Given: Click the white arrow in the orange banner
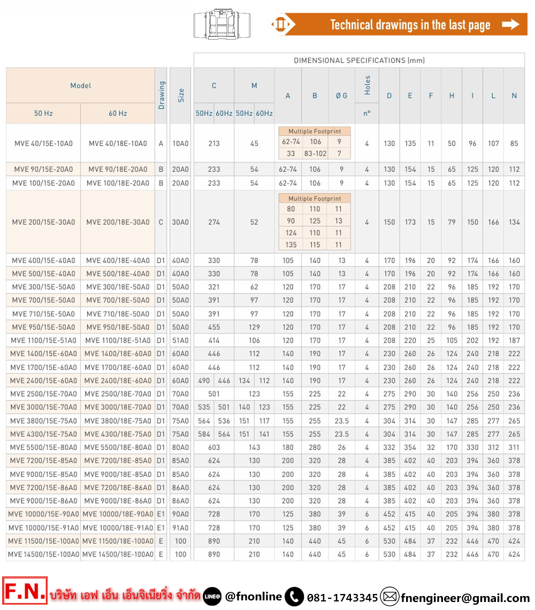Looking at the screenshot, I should [x=511, y=25].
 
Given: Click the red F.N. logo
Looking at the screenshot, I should [x=25, y=591].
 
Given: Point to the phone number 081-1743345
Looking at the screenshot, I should [x=342, y=597].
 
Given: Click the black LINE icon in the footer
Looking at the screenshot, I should [x=212, y=597].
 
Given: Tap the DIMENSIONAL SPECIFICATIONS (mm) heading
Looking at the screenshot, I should [x=359, y=60].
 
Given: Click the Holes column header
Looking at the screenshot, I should [x=367, y=86].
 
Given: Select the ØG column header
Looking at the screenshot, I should [x=341, y=96].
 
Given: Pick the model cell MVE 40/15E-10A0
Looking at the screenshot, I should [x=43, y=143].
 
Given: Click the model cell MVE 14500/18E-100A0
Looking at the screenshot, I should [x=118, y=554].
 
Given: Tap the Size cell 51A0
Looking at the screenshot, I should [x=181, y=341].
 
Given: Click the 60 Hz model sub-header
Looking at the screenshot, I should [x=118, y=113].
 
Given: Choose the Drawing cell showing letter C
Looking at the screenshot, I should [x=161, y=222].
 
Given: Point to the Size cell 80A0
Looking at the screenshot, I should [x=181, y=447].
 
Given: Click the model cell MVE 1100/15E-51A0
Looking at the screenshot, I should [x=43, y=341].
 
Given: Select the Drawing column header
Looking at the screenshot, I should [x=162, y=95].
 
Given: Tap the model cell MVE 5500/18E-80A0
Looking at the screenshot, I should [x=118, y=447].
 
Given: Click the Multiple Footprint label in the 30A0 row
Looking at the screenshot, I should [x=315, y=198].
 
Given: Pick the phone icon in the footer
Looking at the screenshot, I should [x=294, y=597].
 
